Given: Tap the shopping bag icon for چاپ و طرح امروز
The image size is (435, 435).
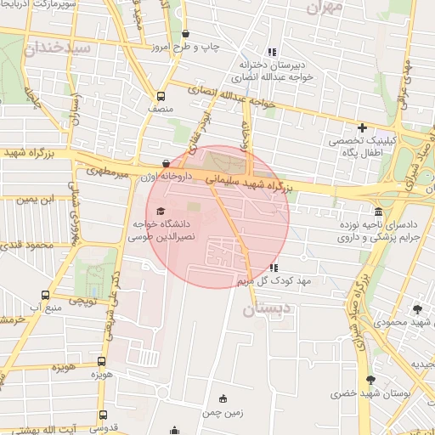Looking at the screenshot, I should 186,34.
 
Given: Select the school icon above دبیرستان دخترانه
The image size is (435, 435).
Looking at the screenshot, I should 272,52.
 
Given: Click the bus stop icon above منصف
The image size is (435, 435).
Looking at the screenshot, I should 161,96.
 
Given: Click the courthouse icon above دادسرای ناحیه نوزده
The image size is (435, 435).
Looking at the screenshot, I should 377,212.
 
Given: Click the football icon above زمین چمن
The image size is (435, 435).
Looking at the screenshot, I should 223,398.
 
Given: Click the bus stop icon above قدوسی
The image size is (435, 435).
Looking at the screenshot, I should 103,415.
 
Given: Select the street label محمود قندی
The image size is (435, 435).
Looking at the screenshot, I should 27,245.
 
